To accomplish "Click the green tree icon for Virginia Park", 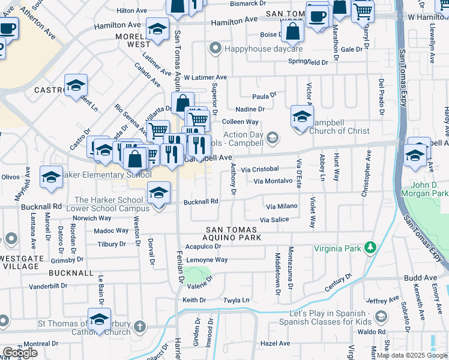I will click(x=371, y=247).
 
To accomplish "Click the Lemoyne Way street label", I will click(x=206, y=260).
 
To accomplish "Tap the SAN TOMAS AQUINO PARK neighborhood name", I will click(x=234, y=233).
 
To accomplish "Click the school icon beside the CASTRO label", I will click(x=76, y=86).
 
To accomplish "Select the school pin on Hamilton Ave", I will click(x=157, y=29).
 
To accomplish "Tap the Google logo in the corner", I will click(x=20, y=353).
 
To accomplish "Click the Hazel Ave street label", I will click(x=276, y=343).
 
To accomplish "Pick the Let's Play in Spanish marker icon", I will click(x=380, y=316).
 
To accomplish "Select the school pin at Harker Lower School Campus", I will click(x=158, y=193).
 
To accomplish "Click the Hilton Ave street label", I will click(x=132, y=11).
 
